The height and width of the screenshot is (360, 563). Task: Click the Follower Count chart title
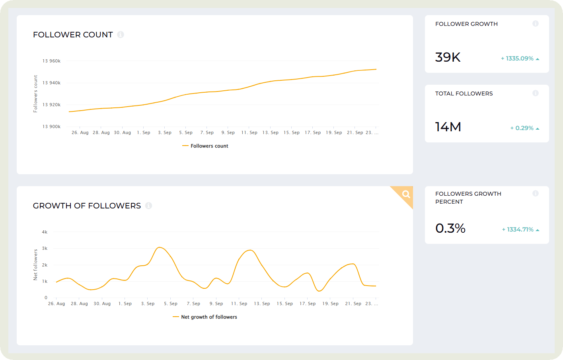point(73,35)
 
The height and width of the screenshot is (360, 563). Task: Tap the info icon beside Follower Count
point(121,35)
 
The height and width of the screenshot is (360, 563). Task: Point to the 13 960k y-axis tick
point(51,61)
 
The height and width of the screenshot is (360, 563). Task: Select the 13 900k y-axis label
point(51,126)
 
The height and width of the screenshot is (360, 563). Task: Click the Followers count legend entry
point(205,146)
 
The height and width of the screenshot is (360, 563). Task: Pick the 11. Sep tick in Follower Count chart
point(249,132)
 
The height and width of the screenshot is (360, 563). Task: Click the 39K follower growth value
point(448,57)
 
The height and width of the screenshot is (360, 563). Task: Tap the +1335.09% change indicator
point(520,58)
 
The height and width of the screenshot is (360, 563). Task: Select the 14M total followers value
point(448,127)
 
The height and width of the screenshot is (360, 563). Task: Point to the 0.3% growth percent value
point(450,228)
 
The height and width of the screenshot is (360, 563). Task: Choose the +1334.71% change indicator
point(520,230)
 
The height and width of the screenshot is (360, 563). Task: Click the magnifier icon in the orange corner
point(406,194)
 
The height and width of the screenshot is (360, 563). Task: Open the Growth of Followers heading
point(87,206)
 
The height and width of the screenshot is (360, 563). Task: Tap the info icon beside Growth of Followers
point(148,206)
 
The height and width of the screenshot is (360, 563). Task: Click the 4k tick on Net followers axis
point(45,232)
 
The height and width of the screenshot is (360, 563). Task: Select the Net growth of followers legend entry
point(205,317)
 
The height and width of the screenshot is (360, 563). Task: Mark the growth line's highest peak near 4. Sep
point(160,247)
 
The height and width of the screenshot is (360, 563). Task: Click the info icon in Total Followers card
point(536,93)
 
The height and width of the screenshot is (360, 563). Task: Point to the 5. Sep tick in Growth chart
point(171,304)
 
